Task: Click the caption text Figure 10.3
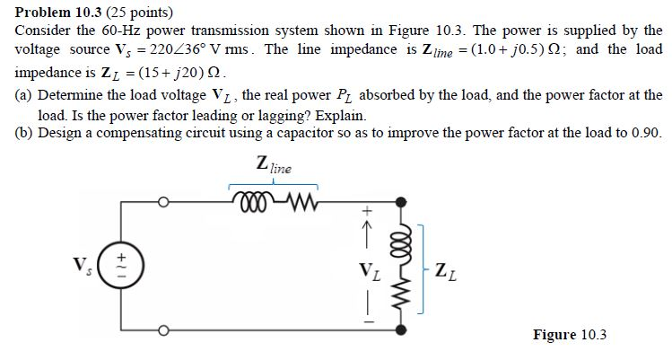click(x=570, y=335)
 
